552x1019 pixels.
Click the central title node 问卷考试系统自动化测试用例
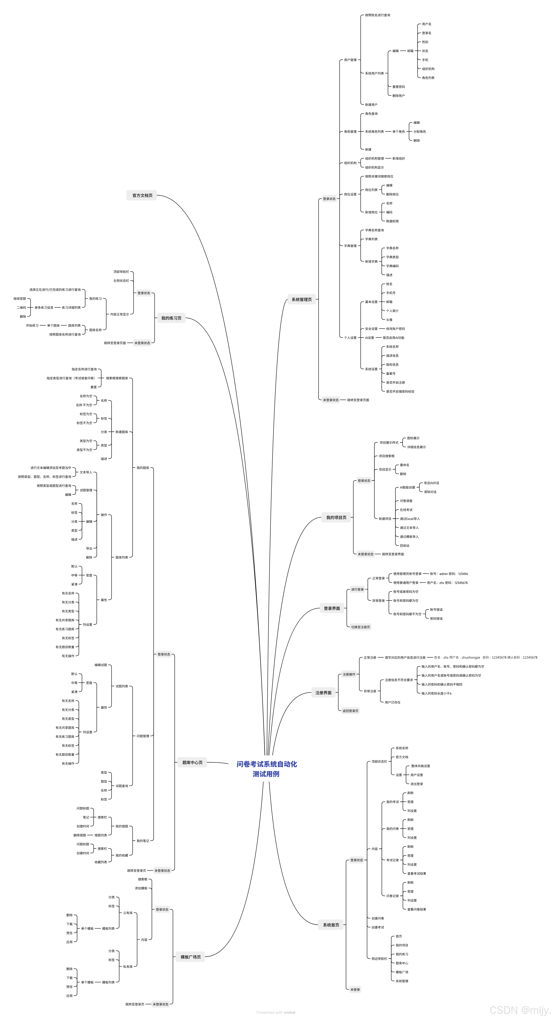(x=266, y=769)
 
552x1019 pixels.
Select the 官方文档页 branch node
(x=142, y=195)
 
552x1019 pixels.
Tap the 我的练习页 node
(x=171, y=318)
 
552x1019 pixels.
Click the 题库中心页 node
(x=192, y=762)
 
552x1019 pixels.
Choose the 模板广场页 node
(x=191, y=957)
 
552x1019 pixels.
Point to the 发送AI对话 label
(x=431, y=483)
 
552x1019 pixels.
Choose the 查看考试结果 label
(x=416, y=873)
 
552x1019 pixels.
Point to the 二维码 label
(x=21, y=307)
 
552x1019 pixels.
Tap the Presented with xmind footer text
(x=276, y=1012)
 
